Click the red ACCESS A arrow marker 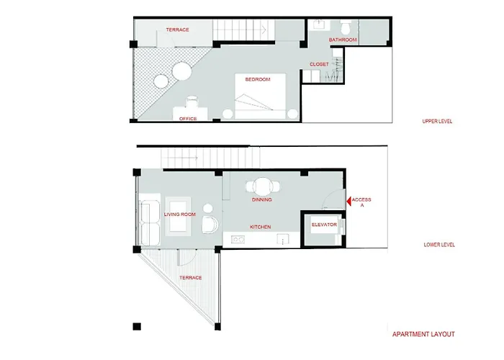(x=348, y=202)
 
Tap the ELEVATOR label (x=324, y=225)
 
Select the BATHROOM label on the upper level (x=343, y=40)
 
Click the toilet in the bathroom (x=346, y=27)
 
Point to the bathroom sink (x=320, y=24)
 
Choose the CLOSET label (x=319, y=64)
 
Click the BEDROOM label (x=258, y=79)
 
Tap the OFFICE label (x=188, y=119)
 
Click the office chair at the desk (x=192, y=102)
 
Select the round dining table (x=263, y=186)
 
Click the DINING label (x=261, y=199)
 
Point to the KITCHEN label (x=261, y=227)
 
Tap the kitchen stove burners (x=238, y=239)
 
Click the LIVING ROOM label (x=180, y=215)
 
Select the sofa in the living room (x=150, y=222)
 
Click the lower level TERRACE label (x=191, y=278)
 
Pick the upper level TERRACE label (x=177, y=30)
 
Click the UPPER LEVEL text (x=437, y=121)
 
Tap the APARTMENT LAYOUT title (x=423, y=334)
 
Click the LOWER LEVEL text (x=439, y=245)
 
